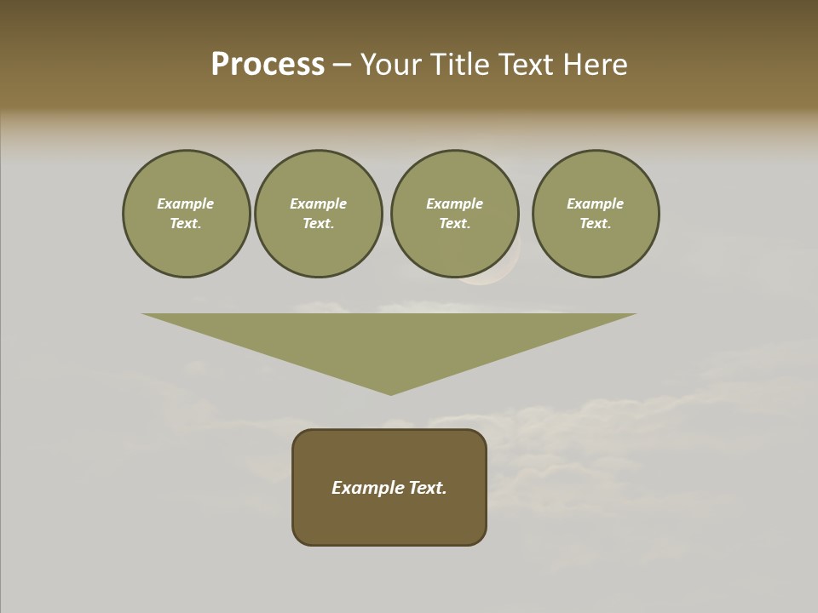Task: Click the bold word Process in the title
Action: [x=268, y=65]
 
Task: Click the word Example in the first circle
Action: [x=186, y=203]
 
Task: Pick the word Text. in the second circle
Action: [x=319, y=223]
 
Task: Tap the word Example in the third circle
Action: [x=454, y=203]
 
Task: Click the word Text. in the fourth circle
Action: [x=596, y=223]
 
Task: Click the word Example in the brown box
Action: [x=366, y=488]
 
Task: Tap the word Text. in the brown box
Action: [x=426, y=488]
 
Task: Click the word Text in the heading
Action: [x=524, y=65]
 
